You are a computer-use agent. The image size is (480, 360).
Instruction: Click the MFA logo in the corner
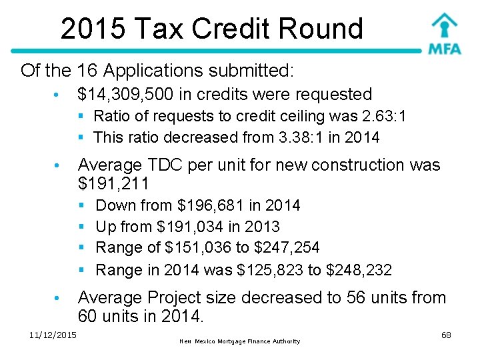444,33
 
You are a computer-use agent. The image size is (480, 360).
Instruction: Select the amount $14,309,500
126,95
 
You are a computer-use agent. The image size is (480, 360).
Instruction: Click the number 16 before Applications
87,70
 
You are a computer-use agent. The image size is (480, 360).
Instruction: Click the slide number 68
446,334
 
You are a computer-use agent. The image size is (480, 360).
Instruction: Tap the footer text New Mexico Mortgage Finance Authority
240,341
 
